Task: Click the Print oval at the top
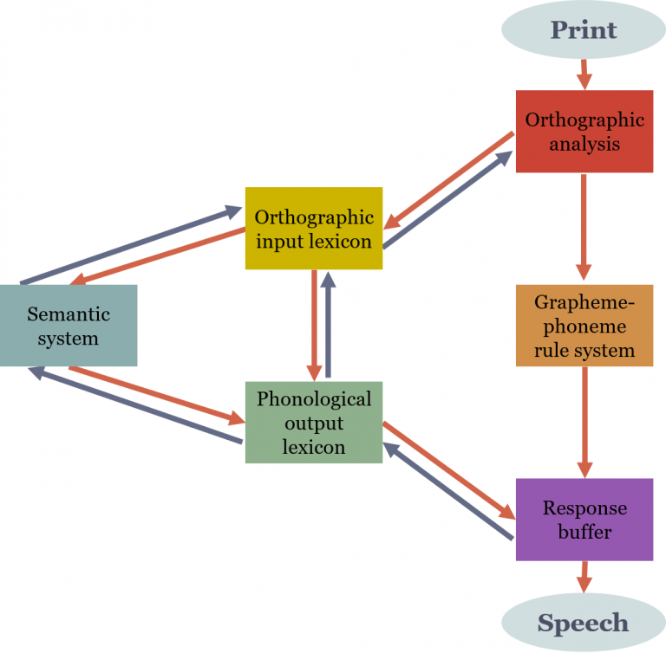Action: click(584, 29)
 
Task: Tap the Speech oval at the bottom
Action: click(584, 623)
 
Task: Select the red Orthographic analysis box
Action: click(584, 132)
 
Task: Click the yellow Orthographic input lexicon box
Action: click(314, 229)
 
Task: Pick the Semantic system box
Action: click(69, 326)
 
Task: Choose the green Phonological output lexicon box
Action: click(314, 423)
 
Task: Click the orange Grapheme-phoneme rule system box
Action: click(584, 326)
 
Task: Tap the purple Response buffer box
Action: click(584, 520)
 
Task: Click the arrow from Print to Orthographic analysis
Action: click(584, 74)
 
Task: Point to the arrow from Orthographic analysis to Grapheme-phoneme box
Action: click(584, 228)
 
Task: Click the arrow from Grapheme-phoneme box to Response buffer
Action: click(584, 422)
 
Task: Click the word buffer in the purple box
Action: click(584, 531)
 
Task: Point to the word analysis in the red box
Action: click(584, 143)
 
